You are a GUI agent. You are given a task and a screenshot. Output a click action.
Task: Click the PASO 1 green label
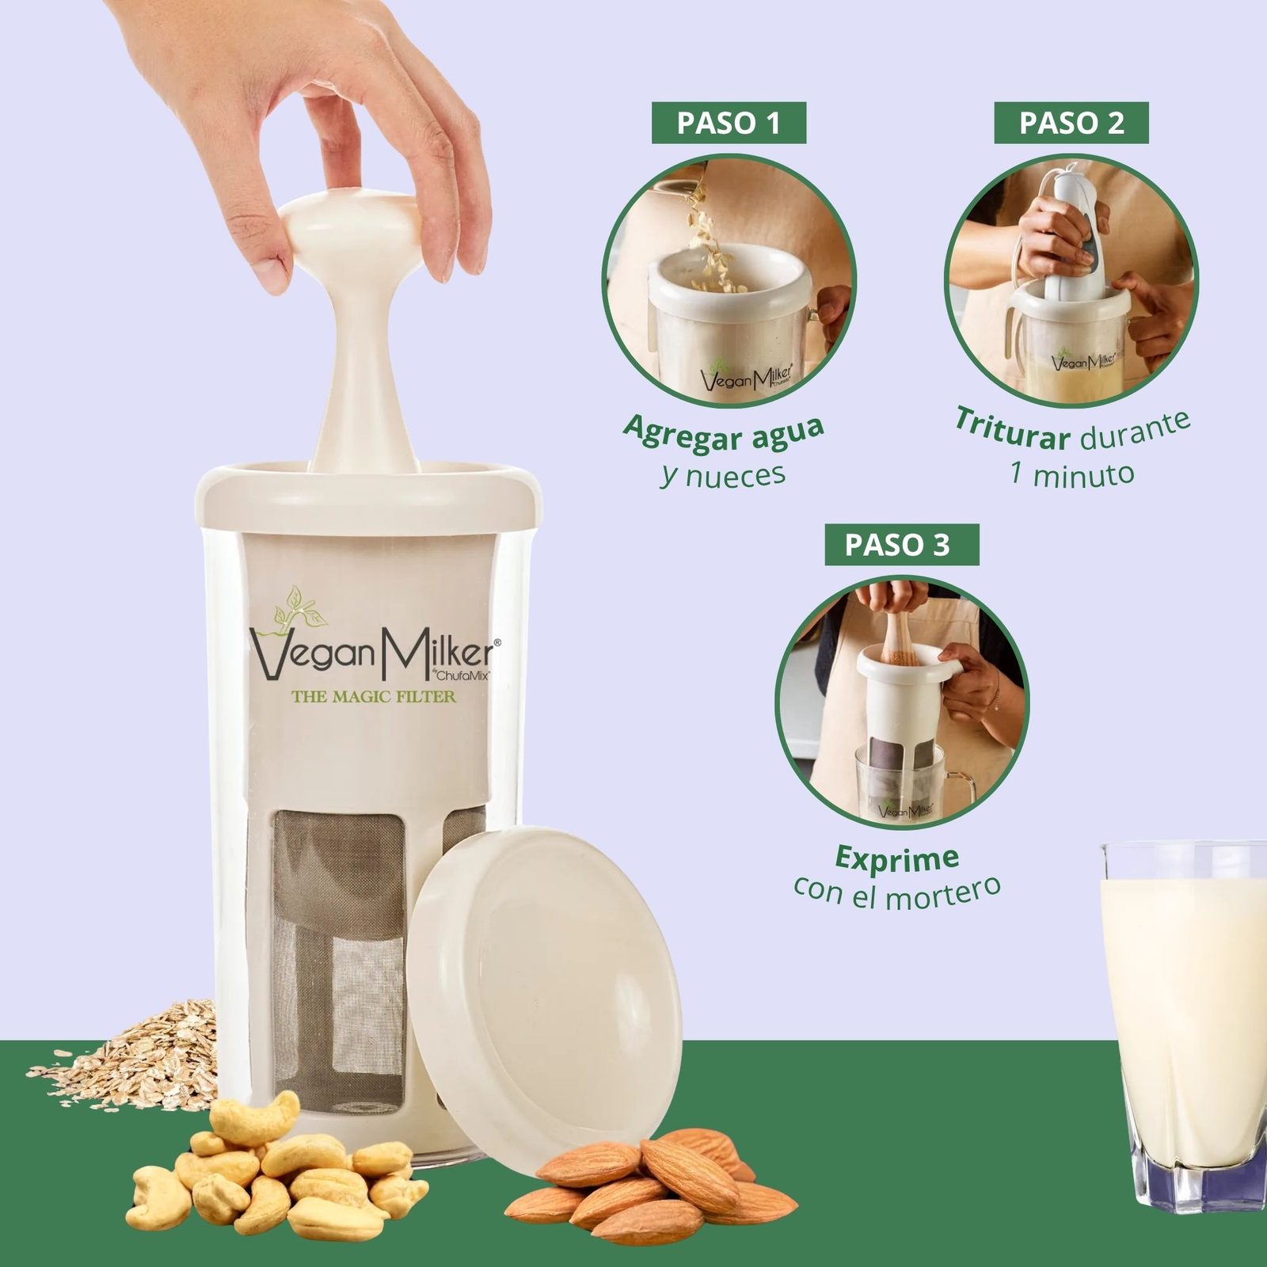[729, 123]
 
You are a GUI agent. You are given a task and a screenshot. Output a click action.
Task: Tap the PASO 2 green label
[1071, 123]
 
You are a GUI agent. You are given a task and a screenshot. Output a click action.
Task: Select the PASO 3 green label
[902, 545]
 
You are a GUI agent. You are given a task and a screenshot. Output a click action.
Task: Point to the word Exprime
[897, 858]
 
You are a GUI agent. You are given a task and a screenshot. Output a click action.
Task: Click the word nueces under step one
[736, 476]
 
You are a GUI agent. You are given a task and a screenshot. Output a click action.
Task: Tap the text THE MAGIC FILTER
[374, 697]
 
